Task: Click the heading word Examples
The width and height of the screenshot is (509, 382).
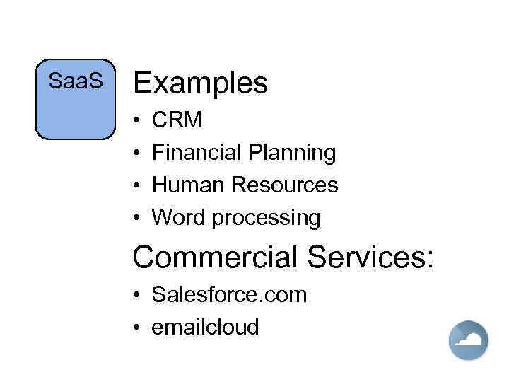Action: (200, 83)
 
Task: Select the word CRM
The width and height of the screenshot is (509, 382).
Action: (177, 120)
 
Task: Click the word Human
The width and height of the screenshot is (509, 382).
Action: (187, 185)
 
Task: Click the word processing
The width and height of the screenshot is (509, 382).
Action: (267, 219)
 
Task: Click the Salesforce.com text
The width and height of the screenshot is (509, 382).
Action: (230, 294)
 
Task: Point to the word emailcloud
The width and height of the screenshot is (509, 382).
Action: (206, 327)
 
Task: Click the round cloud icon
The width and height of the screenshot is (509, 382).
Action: (468, 340)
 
